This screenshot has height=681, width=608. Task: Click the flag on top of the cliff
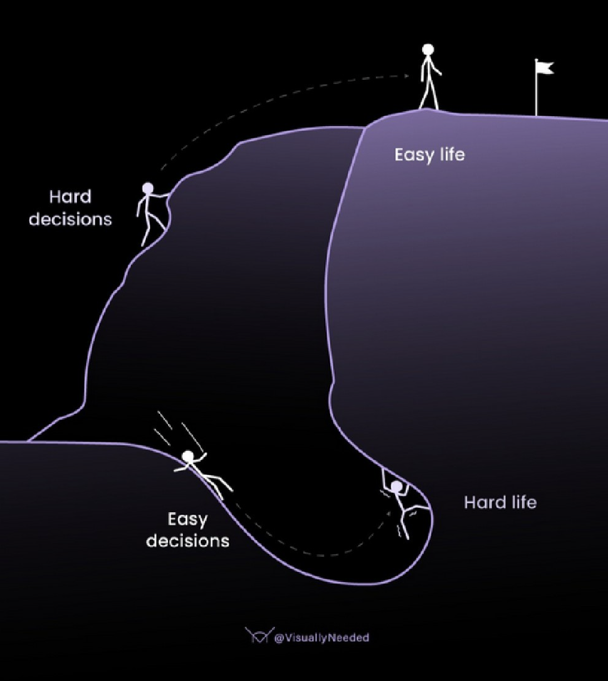545,68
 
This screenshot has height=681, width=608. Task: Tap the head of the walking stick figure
428,50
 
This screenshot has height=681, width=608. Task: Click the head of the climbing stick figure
148,188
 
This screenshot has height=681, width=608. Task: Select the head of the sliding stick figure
188,456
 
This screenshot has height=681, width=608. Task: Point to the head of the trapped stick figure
397,487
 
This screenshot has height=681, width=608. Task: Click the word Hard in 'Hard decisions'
70,197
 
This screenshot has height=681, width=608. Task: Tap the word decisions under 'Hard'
70,219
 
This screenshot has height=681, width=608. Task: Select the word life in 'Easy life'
451,154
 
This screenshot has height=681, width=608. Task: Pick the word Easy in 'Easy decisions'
187,519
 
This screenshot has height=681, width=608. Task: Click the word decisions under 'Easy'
187,541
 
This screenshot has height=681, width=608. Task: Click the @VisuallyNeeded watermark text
321,638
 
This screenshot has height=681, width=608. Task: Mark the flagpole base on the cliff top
536,114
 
